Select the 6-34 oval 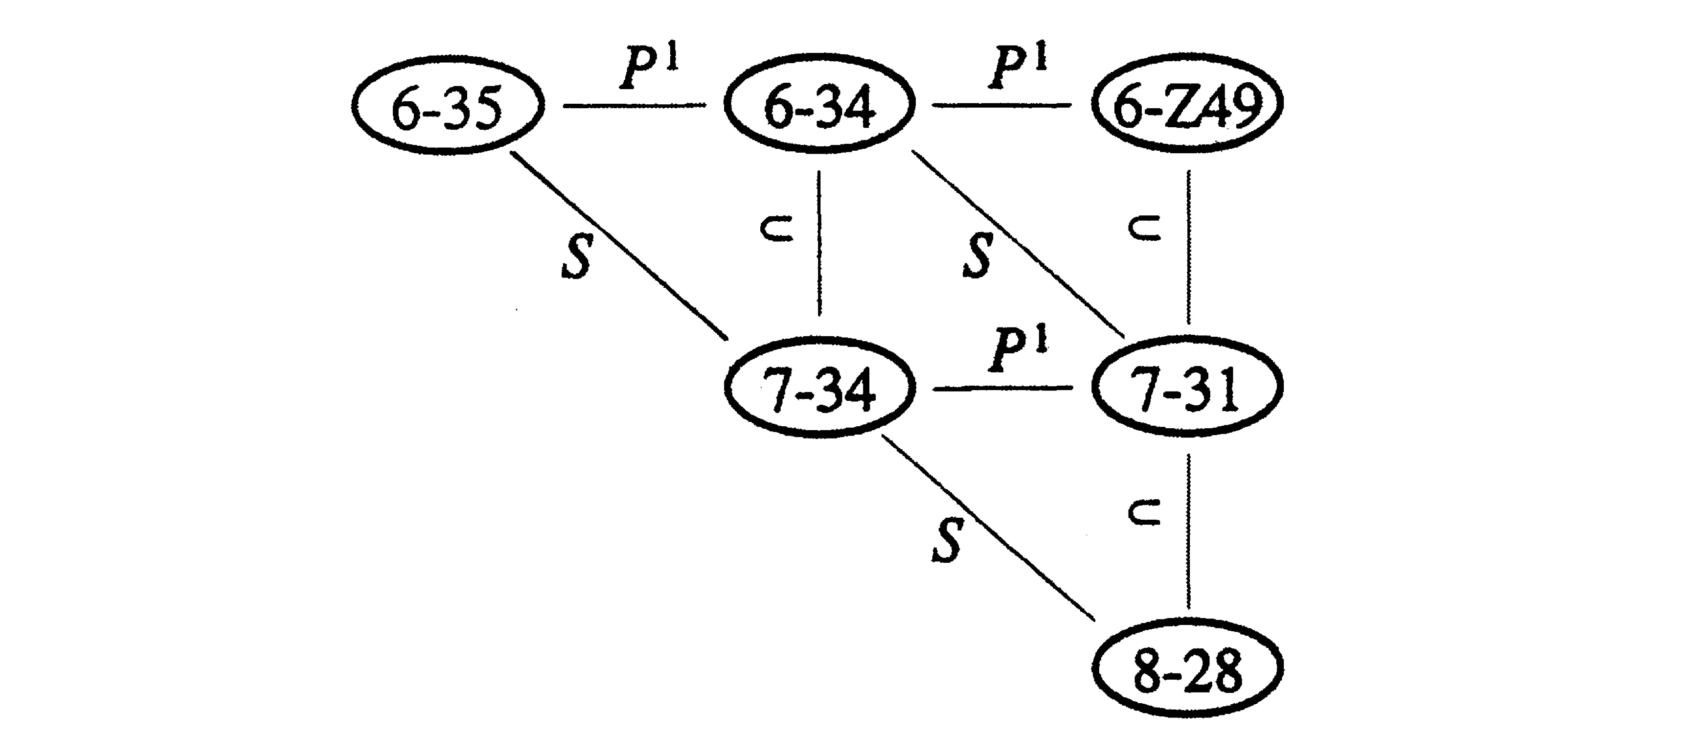tap(819, 105)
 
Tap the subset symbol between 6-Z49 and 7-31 tap(1146, 229)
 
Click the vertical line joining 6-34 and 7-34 tap(819, 243)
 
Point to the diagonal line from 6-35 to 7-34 tap(619, 246)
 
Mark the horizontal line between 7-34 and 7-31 tap(1002, 389)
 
